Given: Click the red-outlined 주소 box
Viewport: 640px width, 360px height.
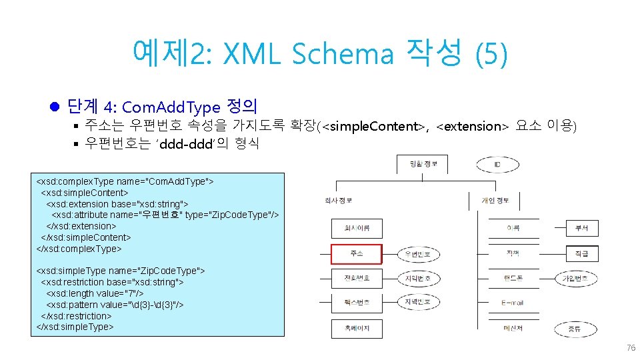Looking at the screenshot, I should click(x=356, y=254).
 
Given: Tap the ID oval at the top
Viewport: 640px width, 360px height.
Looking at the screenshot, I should click(x=497, y=164).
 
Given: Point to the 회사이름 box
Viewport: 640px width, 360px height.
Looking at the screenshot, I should click(x=356, y=229).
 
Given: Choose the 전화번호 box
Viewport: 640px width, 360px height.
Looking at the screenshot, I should click(x=356, y=278).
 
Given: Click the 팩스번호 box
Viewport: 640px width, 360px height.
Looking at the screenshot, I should click(x=356, y=303).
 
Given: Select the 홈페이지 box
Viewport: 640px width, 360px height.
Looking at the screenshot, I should click(x=356, y=328).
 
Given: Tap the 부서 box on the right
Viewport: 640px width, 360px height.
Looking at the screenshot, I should click(x=582, y=228).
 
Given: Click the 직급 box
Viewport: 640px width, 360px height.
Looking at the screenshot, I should click(x=582, y=253).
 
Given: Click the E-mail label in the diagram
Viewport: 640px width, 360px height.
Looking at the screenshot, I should click(x=513, y=303).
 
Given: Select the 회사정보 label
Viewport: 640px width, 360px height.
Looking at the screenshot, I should click(x=339, y=200).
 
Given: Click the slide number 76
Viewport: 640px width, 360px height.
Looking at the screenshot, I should click(x=631, y=348).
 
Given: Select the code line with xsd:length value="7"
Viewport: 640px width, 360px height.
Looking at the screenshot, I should click(x=95, y=293).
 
